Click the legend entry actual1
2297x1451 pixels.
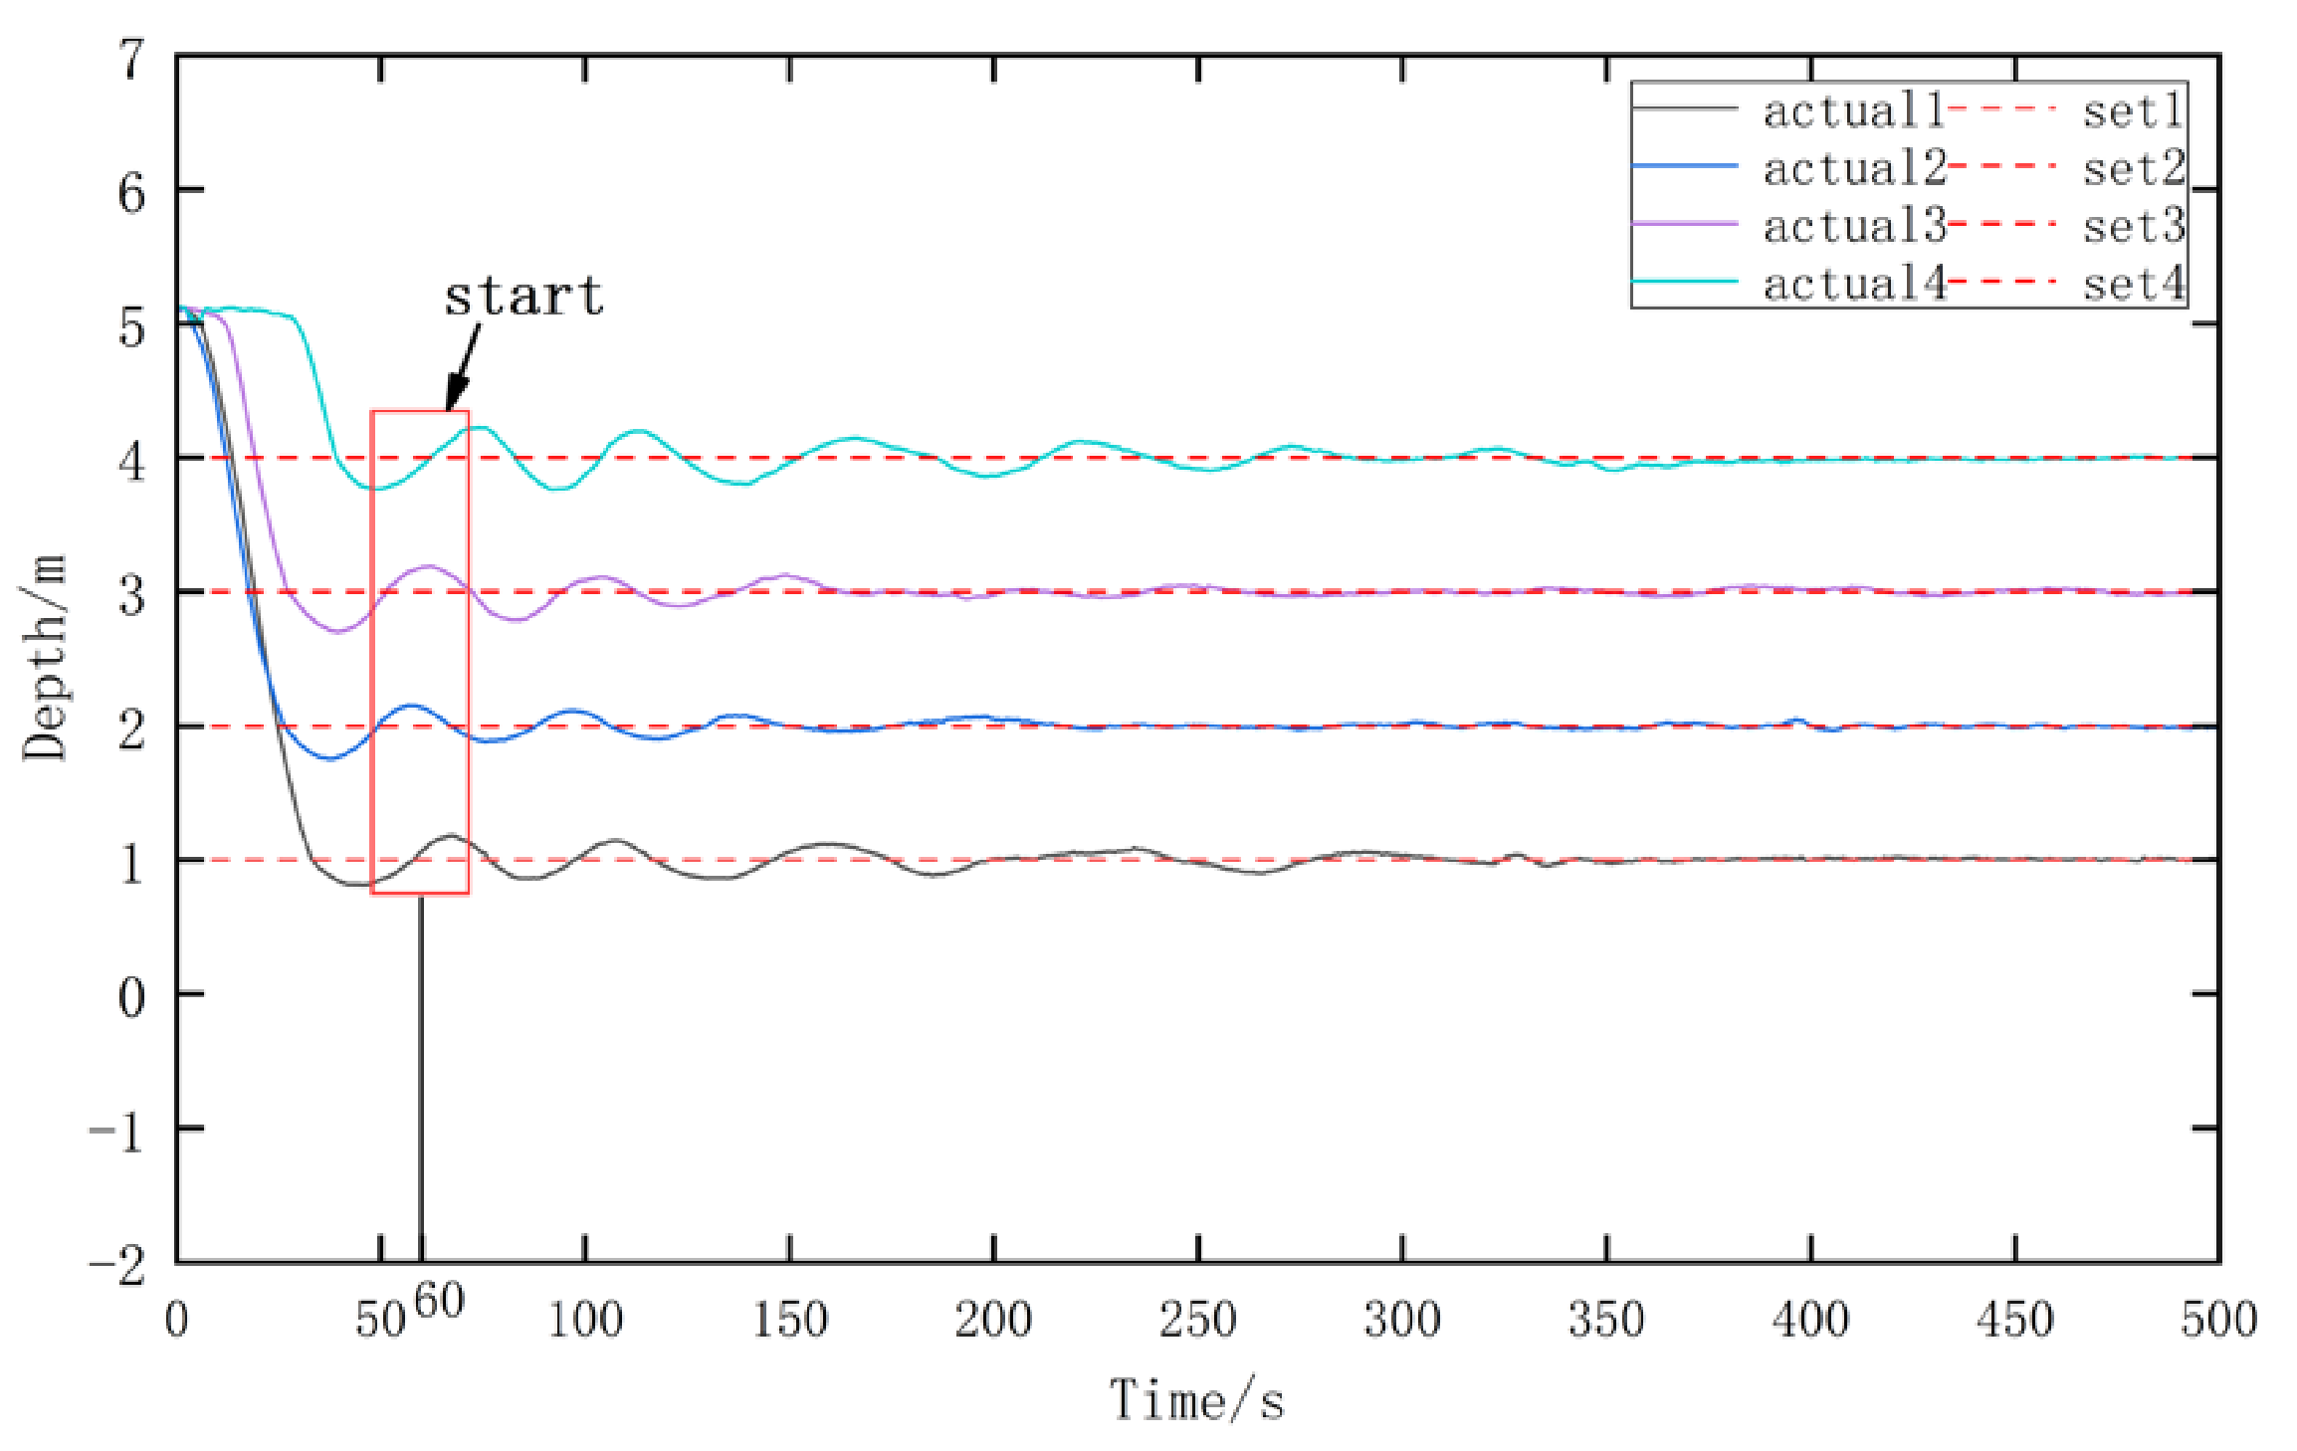(1853, 110)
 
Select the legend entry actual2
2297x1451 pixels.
(1853, 168)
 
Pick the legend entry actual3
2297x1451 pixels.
(1853, 226)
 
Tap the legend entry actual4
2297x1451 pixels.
(1853, 284)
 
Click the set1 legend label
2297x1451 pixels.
(2133, 110)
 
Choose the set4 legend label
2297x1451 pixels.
(2133, 284)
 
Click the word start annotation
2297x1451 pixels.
(523, 296)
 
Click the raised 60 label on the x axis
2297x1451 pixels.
(439, 1301)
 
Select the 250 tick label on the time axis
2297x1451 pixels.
(1197, 1320)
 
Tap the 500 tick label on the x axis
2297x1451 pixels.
(2218, 1320)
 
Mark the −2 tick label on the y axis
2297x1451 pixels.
(117, 1267)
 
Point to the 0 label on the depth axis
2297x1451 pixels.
(132, 996)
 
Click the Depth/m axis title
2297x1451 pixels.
(45, 658)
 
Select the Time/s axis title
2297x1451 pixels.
(1196, 1399)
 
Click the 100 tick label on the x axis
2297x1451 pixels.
(585, 1320)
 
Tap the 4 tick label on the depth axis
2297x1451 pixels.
(132, 462)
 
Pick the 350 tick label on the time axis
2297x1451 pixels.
(1606, 1320)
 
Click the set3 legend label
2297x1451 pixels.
(2133, 226)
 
